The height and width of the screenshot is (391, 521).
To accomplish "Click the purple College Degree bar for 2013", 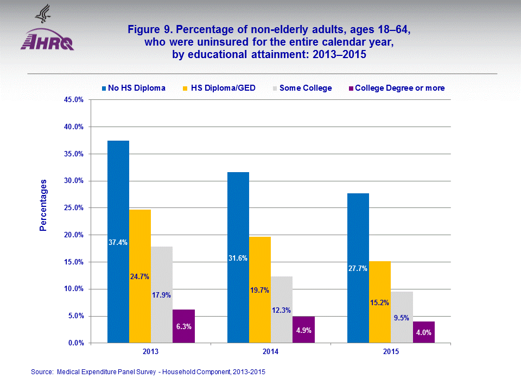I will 183,326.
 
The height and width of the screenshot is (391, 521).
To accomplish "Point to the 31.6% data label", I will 238,258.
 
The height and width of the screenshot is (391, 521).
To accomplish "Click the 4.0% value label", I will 423,333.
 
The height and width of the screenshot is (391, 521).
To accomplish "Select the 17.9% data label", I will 162,295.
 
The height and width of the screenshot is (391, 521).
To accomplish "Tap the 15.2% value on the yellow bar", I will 380,302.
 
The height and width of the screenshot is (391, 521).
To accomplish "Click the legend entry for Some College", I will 305,88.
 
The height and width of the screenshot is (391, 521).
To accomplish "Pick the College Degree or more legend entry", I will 399,88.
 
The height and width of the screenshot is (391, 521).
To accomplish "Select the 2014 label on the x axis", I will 270,352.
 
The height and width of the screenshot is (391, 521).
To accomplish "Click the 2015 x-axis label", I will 391,352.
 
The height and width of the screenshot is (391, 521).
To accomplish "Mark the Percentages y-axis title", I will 43,205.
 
